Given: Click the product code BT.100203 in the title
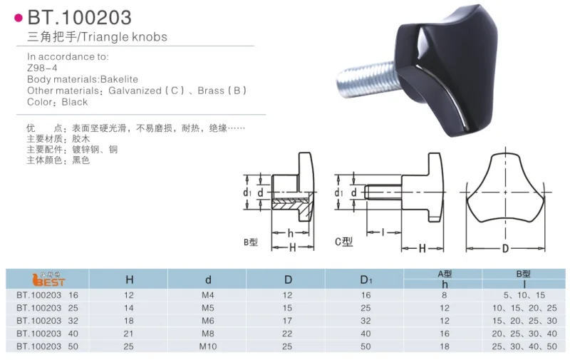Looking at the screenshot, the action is (x=80, y=17).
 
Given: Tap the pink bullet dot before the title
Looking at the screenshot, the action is (x=19, y=18).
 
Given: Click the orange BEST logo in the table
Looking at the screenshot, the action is (x=48, y=279).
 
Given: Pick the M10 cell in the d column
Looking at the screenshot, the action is (x=208, y=346).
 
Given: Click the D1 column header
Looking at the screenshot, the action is (x=366, y=279).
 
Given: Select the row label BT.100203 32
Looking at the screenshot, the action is (x=47, y=321).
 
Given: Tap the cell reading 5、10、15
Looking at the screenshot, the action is (x=524, y=295).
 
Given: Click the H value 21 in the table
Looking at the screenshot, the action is (x=129, y=334).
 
